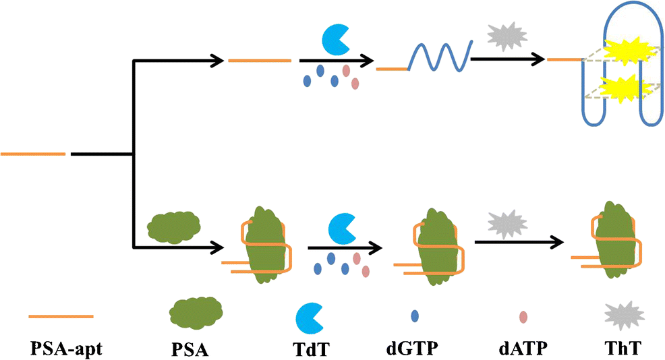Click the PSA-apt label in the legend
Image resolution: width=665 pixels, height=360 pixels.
[x=61, y=349]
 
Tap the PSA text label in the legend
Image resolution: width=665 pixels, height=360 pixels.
[x=196, y=349]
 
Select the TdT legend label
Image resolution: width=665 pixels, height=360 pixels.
[x=310, y=349]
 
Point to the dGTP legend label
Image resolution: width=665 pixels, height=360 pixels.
[x=415, y=349]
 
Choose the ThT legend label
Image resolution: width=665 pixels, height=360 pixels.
[x=623, y=349]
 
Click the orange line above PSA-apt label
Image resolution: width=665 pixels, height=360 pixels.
[x=61, y=316]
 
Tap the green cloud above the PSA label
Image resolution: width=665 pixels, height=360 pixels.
[x=196, y=313]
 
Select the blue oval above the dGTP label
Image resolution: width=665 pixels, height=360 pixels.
[x=415, y=316]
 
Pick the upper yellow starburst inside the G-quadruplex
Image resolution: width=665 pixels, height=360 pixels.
[x=618, y=51]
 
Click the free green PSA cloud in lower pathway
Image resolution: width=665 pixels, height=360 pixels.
[x=173, y=224]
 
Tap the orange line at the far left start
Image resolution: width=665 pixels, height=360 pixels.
[x=33, y=154]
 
